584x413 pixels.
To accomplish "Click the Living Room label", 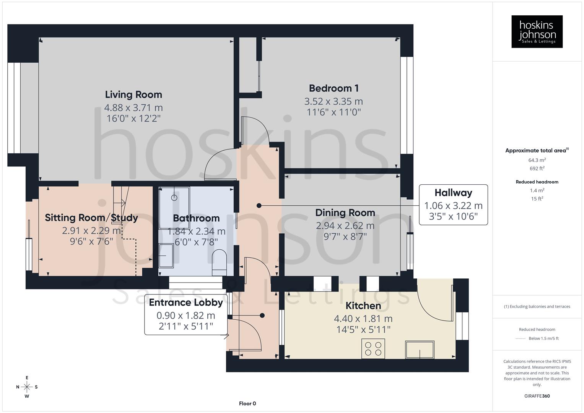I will pos(133,94).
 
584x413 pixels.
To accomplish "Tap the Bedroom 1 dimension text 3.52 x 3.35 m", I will pos(333,101).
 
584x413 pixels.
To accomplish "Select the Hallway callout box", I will pos(453,205).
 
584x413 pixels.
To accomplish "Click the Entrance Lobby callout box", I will pos(186,314).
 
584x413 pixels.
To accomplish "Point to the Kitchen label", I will pos(363,306).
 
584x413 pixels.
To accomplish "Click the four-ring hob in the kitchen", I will pos(373,348).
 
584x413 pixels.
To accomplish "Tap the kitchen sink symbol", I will pos(420,350).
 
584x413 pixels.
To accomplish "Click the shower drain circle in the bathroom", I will pos(174,198).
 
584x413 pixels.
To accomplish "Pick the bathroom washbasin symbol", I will pos(166,255).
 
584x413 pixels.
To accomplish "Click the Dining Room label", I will pos(345,213).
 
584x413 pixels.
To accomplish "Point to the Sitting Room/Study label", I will pos(91,218).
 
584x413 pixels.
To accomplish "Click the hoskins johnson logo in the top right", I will pos(537,32).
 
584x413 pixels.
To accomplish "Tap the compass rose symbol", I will pos(27,387).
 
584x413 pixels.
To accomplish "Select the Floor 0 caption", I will pos(247,403).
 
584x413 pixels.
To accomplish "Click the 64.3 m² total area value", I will pos(537,160).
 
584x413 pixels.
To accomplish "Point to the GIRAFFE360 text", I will pos(537,396).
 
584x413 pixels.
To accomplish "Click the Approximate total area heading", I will pos(537,151).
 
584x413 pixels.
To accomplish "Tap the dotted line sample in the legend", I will pos(521,338).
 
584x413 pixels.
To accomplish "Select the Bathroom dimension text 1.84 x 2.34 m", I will pos(196,231).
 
